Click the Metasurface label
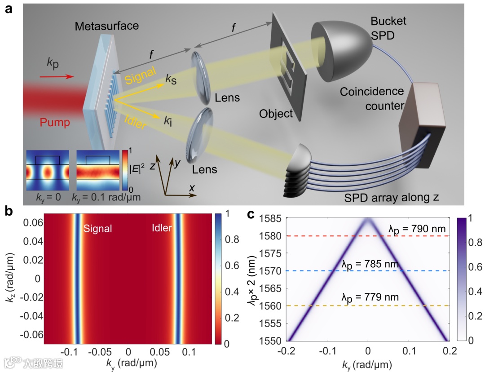107,26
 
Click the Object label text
276,114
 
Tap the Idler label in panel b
161,229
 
